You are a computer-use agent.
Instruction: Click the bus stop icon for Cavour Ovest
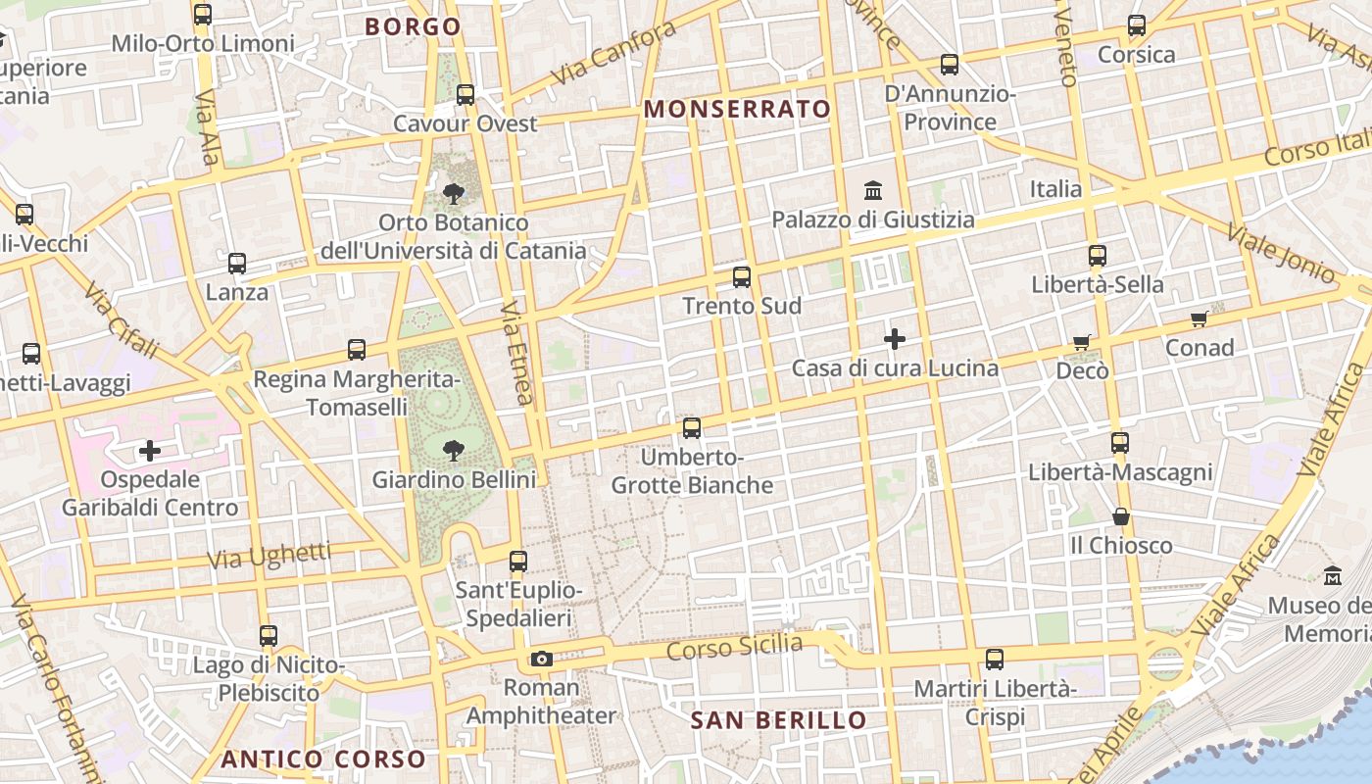[465, 95]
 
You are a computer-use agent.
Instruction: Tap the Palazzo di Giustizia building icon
[872, 189]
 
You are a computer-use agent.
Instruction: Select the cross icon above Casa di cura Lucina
[894, 340]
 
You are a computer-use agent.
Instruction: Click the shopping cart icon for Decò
[1082, 342]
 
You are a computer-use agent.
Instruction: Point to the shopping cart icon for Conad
[1199, 318]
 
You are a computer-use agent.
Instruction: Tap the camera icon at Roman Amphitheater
[542, 659]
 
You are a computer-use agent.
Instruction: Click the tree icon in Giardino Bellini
[453, 451]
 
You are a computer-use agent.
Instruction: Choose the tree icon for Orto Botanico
[453, 193]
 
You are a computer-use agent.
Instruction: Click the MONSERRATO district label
[737, 109]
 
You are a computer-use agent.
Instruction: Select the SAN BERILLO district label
[778, 721]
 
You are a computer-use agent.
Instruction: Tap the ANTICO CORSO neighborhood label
[323, 759]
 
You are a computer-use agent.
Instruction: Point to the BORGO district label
[413, 26]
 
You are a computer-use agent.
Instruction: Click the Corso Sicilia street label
[734, 647]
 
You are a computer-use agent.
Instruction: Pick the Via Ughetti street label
[269, 556]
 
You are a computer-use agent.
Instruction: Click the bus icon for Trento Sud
[742, 277]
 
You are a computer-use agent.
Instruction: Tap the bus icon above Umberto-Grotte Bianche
[692, 428]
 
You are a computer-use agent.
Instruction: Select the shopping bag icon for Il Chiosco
[1121, 516]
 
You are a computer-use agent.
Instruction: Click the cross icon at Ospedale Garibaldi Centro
[150, 451]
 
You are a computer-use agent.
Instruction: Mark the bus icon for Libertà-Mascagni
[1120, 443]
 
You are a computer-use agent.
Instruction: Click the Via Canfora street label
[613, 53]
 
